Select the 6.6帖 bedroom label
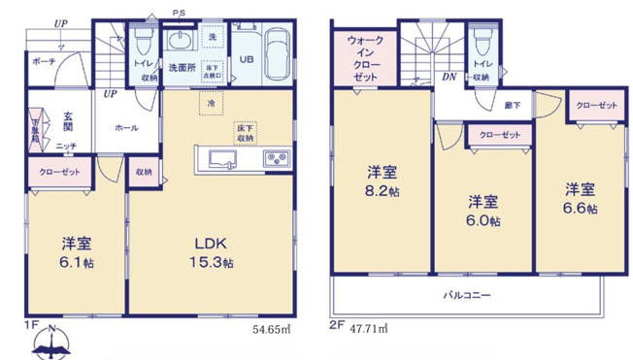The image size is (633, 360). pyautogui.click(x=581, y=197)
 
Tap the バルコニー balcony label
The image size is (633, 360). pyautogui.click(x=468, y=294)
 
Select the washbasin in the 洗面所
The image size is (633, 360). pyautogui.click(x=182, y=42)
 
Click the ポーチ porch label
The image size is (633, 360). pyautogui.click(x=44, y=59)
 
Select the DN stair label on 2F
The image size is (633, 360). pyautogui.click(x=450, y=76)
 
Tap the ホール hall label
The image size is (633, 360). pyautogui.click(x=126, y=127)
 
